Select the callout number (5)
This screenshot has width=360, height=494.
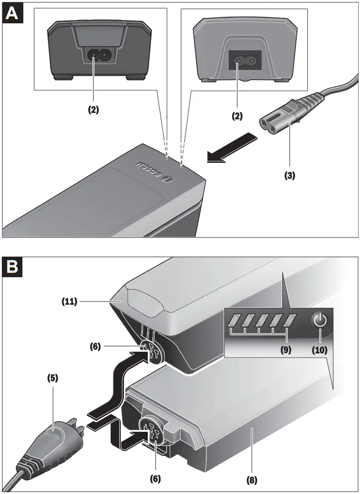(x=53, y=379)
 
